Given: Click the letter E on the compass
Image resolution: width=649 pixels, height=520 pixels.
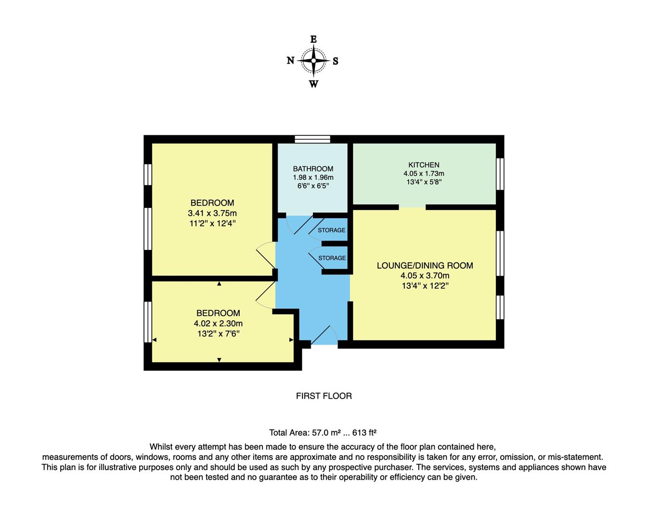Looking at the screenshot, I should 313,39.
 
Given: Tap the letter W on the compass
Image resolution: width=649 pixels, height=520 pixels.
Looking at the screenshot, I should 313,84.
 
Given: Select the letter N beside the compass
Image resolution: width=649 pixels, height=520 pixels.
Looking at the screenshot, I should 290,61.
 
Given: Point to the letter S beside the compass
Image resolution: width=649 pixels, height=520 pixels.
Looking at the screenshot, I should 336,61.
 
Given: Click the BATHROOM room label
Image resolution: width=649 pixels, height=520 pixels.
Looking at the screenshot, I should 313,169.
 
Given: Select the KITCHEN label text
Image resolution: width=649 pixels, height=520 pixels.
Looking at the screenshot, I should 424,165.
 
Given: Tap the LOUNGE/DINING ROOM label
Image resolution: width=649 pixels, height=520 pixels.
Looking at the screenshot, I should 425,265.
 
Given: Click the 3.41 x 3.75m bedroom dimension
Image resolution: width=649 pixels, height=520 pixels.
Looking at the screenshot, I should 212,213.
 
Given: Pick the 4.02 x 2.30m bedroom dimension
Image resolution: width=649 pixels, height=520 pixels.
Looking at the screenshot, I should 218,324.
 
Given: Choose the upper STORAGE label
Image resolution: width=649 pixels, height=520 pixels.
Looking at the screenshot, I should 331,230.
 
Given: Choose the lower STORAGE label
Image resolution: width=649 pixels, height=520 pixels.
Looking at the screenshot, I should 332,258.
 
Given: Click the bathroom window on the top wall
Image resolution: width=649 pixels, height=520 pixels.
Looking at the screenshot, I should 312,140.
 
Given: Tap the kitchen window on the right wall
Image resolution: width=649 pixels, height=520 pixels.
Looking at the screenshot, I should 500,174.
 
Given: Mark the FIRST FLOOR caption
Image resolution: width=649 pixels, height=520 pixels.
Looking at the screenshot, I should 324,396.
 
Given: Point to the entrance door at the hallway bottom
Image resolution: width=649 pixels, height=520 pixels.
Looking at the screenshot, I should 323,336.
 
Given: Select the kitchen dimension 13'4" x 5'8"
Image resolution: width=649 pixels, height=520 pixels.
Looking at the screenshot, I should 424,182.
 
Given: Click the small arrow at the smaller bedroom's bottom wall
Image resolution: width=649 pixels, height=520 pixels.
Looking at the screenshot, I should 219,360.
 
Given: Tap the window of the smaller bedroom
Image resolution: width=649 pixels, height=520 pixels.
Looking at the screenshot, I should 148,322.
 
